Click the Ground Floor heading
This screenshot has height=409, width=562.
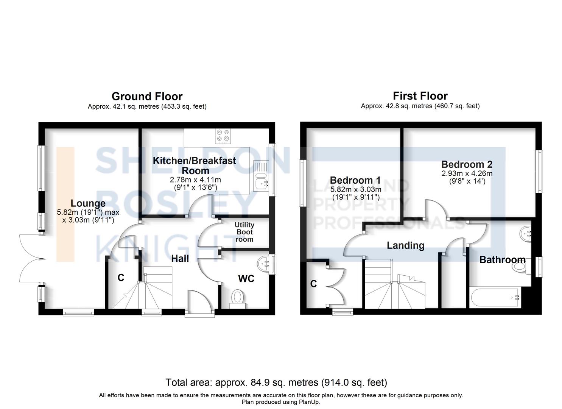coord(147,96)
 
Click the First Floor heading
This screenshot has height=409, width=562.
coord(420,96)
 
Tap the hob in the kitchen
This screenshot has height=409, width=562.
coord(223,137)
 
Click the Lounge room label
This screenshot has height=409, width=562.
coord(88,204)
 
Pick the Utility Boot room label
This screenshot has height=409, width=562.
coord(244,232)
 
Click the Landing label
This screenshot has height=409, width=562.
coord(405,245)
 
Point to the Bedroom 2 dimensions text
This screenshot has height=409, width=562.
coord(467,177)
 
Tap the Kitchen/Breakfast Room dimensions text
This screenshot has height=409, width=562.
coord(195,183)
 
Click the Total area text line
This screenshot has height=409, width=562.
coord(276,382)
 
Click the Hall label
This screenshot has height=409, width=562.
coord(180,259)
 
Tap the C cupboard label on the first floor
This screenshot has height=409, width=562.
coord(313,284)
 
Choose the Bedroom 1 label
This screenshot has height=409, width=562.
coord(355,180)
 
